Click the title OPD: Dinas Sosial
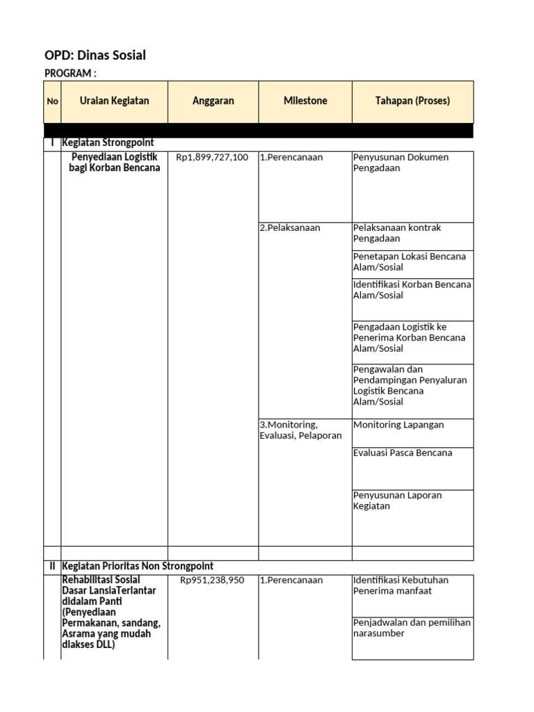(x=95, y=56)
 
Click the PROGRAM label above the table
(x=70, y=74)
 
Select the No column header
(x=52, y=102)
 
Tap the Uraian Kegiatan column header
(x=114, y=101)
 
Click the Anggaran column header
(x=213, y=101)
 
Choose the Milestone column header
(x=305, y=101)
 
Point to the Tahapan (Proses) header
(x=412, y=101)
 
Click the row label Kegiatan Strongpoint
(x=108, y=143)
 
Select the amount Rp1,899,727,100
(x=212, y=158)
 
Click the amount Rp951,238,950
(x=212, y=581)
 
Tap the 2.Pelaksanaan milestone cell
(x=290, y=228)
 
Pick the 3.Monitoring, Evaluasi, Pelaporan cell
(x=300, y=430)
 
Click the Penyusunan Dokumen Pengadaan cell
(x=400, y=163)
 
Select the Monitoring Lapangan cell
(x=398, y=425)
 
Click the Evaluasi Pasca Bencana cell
(x=403, y=453)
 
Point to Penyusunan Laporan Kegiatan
(x=397, y=501)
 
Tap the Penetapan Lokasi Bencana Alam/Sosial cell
(x=410, y=261)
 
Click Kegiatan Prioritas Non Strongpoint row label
(x=138, y=566)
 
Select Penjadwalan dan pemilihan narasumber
(x=412, y=628)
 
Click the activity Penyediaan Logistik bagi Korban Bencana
(x=115, y=163)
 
